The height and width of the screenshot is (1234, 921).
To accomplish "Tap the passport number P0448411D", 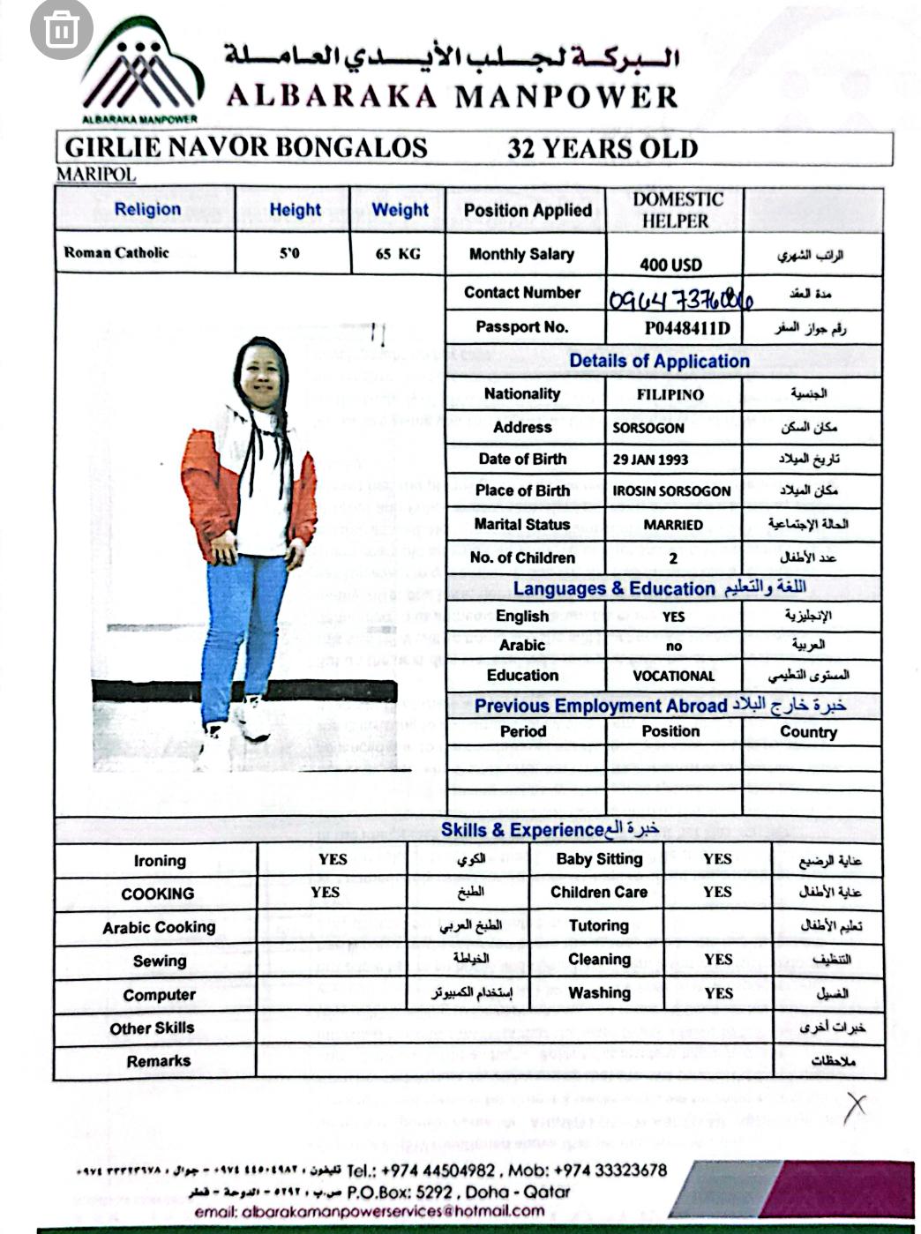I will (686, 329).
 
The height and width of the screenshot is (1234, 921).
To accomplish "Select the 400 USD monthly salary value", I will (670, 265).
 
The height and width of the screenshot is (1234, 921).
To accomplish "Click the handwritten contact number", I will (680, 301).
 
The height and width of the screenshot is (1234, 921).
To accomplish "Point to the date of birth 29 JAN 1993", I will (650, 460).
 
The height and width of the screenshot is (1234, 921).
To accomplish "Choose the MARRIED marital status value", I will (672, 525).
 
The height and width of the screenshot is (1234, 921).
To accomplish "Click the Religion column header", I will (147, 210).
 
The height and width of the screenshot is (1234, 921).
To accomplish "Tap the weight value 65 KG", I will (398, 254).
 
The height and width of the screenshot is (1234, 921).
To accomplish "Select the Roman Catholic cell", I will (116, 252).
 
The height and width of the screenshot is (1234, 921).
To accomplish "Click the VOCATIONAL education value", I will (673, 677).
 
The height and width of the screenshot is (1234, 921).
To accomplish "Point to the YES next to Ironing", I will (333, 859).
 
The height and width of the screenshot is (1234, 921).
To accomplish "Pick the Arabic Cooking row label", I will (159, 928).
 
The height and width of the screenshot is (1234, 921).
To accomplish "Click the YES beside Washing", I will (718, 993).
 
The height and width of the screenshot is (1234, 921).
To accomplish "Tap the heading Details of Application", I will (659, 361).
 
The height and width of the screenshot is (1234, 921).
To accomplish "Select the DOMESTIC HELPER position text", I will (677, 210).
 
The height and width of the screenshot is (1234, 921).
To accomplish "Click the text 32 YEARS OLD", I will (602, 149).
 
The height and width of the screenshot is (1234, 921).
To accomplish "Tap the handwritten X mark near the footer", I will (854, 1108).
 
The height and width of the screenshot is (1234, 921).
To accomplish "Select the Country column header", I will (808, 732).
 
